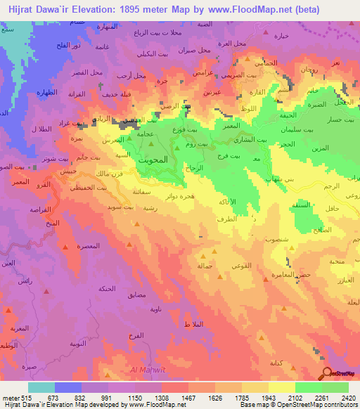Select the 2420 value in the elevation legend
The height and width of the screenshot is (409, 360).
coord(347,397)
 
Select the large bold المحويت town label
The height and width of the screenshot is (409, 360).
coord(152,159)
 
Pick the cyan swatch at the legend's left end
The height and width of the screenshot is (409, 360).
coord(41,387)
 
